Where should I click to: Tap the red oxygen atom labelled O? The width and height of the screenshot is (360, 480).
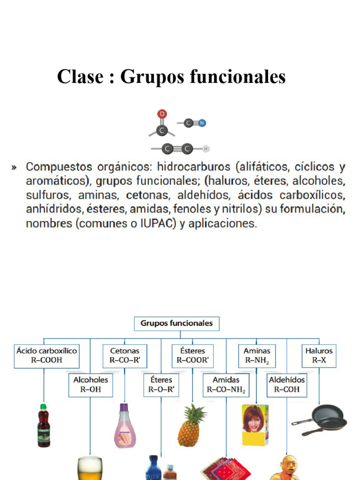(x=162, y=114)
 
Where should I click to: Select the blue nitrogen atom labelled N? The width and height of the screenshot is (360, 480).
(x=202, y=123)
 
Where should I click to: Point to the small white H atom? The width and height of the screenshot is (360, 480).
(x=206, y=149)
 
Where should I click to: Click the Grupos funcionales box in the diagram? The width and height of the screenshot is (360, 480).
(x=176, y=323)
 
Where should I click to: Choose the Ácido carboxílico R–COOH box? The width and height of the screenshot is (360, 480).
(x=46, y=355)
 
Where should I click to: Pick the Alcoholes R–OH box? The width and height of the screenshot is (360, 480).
(x=90, y=384)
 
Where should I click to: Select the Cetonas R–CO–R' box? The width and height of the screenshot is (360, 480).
(x=125, y=355)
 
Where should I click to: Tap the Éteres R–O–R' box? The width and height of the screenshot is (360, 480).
(x=161, y=384)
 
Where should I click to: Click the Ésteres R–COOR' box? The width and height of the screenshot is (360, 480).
(x=192, y=355)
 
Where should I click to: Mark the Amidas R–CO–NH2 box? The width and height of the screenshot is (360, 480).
(x=226, y=384)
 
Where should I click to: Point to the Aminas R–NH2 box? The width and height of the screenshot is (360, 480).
(x=257, y=355)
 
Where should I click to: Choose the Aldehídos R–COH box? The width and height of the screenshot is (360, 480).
(x=286, y=384)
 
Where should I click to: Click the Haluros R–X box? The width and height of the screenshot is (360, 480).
(x=319, y=355)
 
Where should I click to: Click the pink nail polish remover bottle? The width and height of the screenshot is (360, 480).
(x=125, y=427)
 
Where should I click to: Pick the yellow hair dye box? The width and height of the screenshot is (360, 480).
(x=255, y=425)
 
